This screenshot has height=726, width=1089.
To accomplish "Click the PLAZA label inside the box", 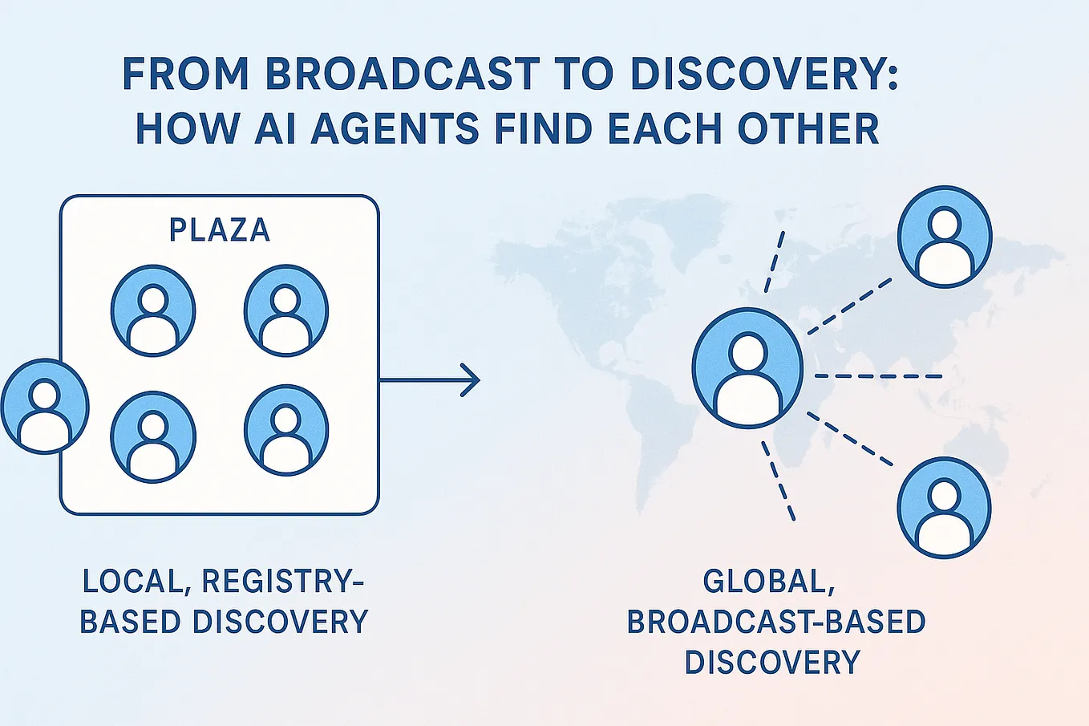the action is pyautogui.click(x=219, y=230).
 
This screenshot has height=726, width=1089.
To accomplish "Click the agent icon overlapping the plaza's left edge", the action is pyautogui.click(x=45, y=406).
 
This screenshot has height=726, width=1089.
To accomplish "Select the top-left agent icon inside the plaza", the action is pyautogui.click(x=153, y=311).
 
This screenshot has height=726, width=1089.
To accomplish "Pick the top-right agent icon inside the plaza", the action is pyautogui.click(x=285, y=310).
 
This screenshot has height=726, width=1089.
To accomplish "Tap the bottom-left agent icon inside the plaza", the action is pyautogui.click(x=153, y=436).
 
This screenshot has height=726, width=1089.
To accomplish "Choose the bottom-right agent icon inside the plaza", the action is pyautogui.click(x=285, y=430).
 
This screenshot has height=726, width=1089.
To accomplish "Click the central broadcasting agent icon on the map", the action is pyautogui.click(x=747, y=368).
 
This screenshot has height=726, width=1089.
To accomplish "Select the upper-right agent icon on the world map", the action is pyautogui.click(x=944, y=237).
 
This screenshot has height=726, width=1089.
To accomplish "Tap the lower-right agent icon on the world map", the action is pyautogui.click(x=944, y=508).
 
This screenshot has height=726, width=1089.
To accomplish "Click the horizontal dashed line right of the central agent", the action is pyautogui.click(x=878, y=376).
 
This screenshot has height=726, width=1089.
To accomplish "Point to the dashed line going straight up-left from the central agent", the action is pyautogui.click(x=775, y=262).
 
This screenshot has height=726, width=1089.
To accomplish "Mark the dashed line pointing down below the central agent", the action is pyautogui.click(x=778, y=481).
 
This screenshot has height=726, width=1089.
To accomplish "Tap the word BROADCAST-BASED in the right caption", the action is pyautogui.click(x=776, y=622).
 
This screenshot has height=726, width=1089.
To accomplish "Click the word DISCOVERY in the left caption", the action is pyautogui.click(x=281, y=622).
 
